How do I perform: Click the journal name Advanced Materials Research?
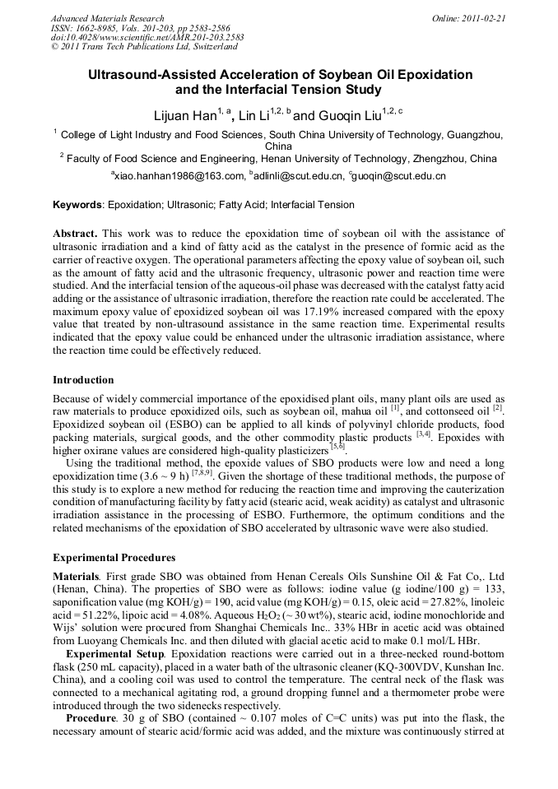click(107, 18)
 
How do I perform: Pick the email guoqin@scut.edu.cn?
click(399, 176)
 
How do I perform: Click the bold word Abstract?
click(75, 234)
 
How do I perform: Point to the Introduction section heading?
click(83, 379)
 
